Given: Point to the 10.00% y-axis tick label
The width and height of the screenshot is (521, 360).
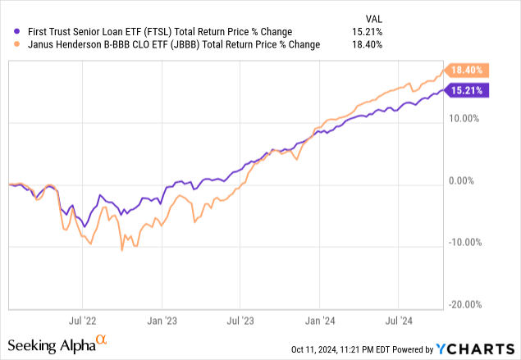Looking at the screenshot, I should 464,118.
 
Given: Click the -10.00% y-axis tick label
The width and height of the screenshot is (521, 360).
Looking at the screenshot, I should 464,243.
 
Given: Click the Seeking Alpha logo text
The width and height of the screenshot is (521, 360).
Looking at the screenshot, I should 52,343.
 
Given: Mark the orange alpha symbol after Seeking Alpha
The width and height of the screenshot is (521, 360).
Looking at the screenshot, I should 102,339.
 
